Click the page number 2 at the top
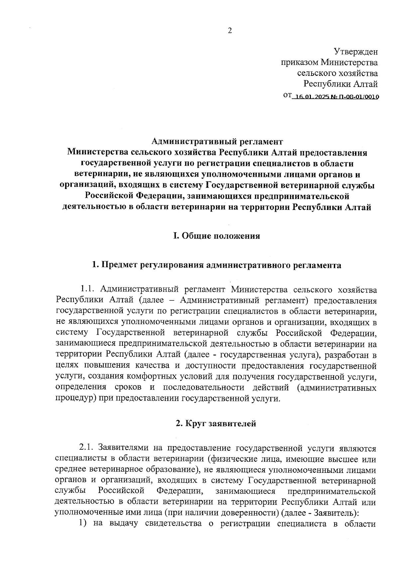229,31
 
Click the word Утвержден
356,52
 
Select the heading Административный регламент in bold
217,141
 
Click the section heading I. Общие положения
216,236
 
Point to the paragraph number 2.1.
86,449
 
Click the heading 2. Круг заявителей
216,424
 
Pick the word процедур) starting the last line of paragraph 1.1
75,398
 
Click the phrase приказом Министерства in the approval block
329,62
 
